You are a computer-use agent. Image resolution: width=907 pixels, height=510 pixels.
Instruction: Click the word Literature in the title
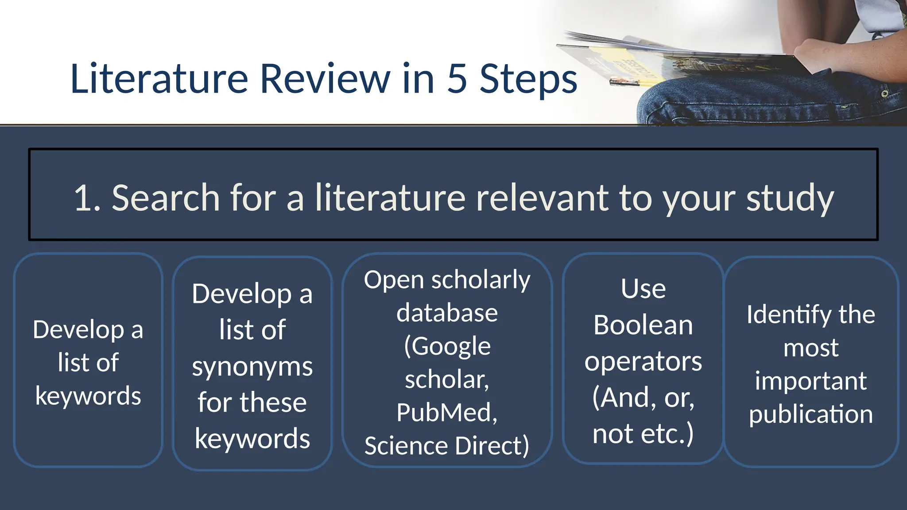point(159,79)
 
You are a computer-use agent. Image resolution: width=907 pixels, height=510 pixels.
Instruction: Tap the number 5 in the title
point(457,79)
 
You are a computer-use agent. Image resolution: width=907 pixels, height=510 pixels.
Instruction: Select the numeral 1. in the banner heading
point(87,198)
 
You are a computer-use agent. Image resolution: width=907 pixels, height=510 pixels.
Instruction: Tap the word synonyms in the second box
point(252,367)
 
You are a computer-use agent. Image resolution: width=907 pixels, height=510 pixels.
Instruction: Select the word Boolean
point(643,325)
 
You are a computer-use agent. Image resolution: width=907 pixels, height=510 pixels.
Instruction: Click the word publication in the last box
point(810,414)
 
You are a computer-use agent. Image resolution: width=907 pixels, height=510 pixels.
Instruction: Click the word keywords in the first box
point(88,396)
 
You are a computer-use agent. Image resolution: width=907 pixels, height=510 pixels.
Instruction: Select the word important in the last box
point(810,381)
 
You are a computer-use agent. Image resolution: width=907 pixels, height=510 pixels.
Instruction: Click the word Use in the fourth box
point(643,289)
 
